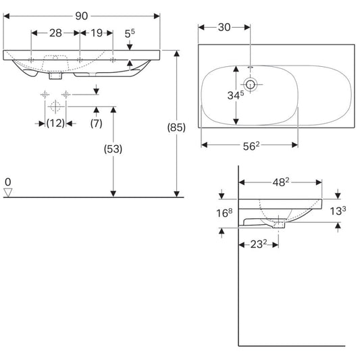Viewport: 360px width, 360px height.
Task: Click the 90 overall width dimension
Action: tap(82, 16)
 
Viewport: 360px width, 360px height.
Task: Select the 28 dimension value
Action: tap(55, 33)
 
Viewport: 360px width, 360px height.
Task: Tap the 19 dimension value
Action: tap(97, 33)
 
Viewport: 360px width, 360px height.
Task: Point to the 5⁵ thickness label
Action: tap(130, 34)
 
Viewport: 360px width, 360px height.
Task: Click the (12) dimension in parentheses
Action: tap(55, 124)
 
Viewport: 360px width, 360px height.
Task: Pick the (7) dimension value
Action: tap(96, 124)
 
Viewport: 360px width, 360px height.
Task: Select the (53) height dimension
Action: tap(113, 149)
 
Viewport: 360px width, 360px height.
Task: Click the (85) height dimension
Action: tap(176, 128)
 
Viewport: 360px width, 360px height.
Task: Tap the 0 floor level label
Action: tap(8, 182)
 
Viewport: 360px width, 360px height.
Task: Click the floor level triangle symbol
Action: tap(8, 192)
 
